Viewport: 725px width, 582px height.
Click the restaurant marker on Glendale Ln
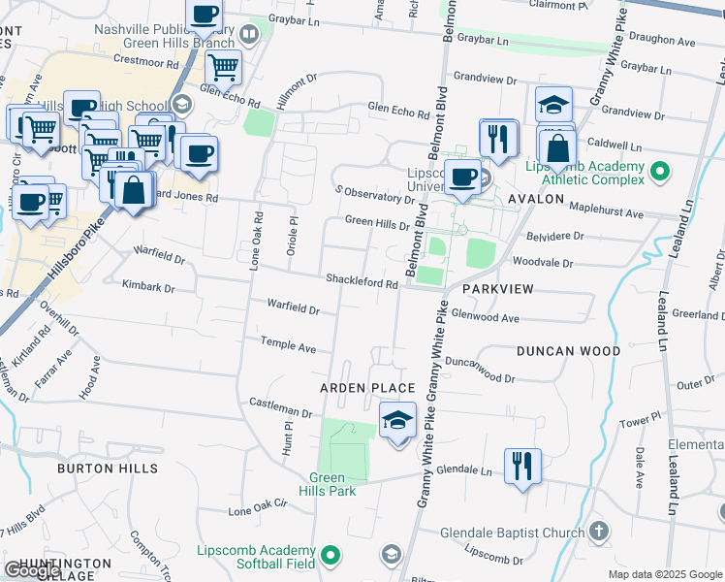(522, 466)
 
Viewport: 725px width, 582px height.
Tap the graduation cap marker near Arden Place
(397, 421)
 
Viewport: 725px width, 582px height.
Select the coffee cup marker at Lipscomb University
(464, 177)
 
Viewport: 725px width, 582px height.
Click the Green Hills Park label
(332, 484)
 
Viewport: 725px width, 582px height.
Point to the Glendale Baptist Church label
(511, 533)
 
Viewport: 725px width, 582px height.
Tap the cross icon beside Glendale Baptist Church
(599, 532)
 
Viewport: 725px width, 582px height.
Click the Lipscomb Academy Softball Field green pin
(331, 556)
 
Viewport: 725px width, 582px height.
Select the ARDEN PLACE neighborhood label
(367, 388)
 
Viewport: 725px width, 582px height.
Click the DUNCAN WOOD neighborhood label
(567, 351)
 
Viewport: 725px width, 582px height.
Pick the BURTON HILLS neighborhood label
(108, 469)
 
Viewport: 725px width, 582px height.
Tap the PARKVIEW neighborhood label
(498, 290)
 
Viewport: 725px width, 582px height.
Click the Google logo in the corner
(33, 570)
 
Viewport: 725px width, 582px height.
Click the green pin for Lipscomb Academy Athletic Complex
(660, 173)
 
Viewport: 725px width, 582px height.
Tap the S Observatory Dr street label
(373, 193)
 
